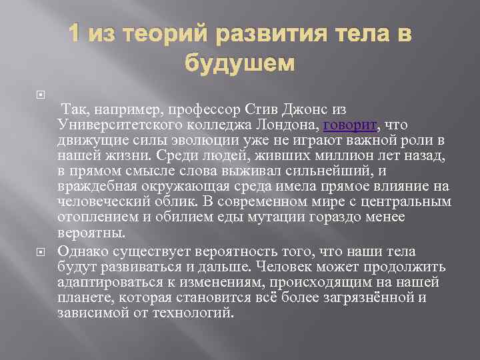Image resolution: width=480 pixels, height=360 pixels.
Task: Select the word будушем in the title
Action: click(x=239, y=64)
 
